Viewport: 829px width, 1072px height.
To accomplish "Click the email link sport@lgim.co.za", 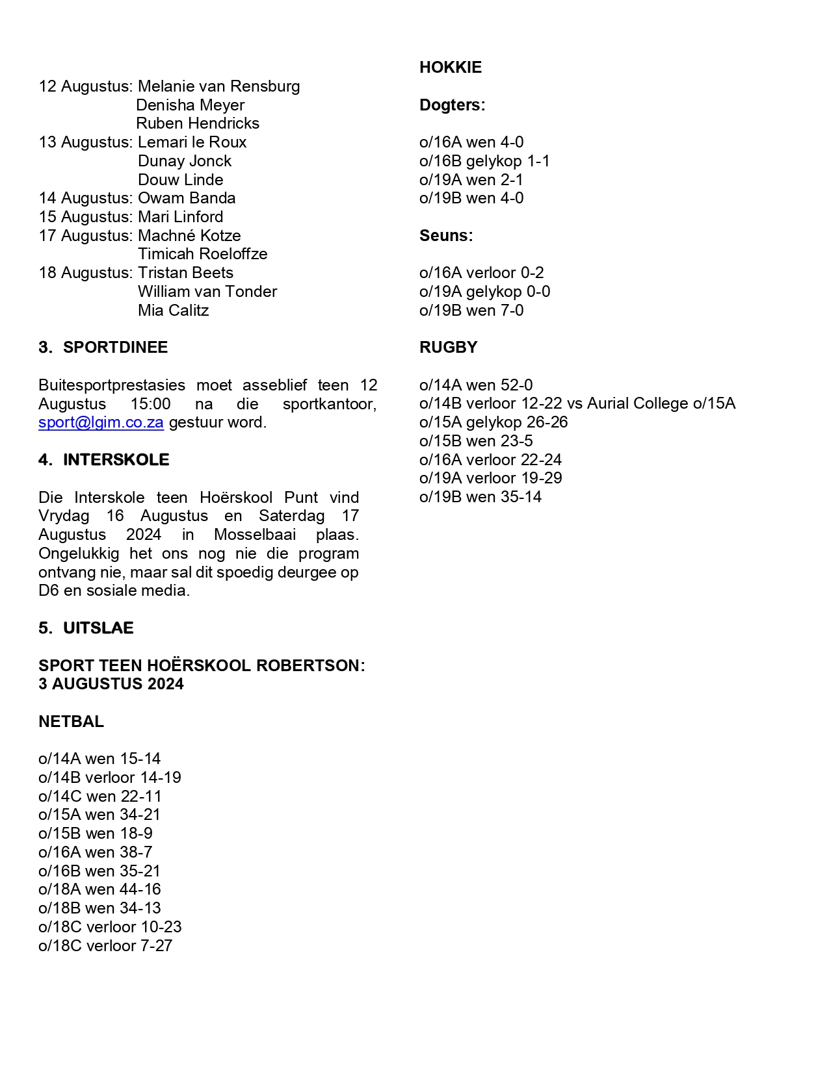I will [101, 422].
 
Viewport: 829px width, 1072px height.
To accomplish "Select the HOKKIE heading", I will [451, 68].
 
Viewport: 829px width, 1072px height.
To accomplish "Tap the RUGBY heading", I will [448, 348].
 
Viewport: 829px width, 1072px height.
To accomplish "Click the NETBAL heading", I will [71, 722].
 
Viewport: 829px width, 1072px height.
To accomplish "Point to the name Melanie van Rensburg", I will [218, 86].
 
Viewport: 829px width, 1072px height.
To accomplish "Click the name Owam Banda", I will [187, 198].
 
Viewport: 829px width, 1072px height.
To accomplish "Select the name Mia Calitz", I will [173, 311].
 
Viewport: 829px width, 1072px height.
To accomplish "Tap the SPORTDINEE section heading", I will [115, 348].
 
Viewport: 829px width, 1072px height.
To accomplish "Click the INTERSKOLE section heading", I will [116, 460].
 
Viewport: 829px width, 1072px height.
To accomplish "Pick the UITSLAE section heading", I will [98, 628].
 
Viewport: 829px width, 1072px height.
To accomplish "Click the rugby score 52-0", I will [516, 385].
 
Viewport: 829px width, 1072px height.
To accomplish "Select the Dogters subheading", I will [452, 105].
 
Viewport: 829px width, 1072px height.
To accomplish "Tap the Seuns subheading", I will [446, 236].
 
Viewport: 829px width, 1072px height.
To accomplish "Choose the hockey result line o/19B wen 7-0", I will [471, 311].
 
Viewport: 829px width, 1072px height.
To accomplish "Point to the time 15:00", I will [151, 404].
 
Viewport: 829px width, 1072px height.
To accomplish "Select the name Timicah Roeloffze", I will [202, 254].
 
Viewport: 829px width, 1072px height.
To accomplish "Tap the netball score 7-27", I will [156, 946].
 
